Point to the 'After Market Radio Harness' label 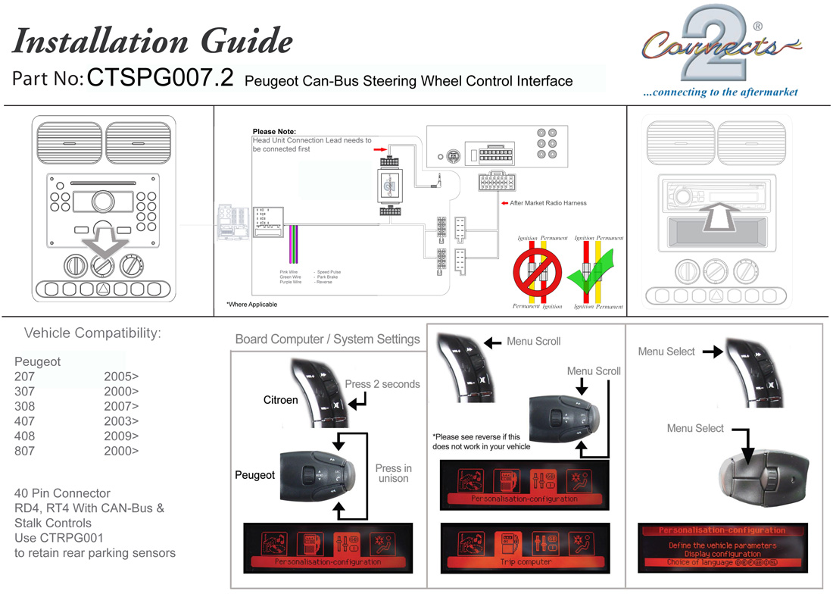click(x=548, y=203)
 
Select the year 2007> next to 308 click(x=121, y=405)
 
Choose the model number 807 click(x=24, y=451)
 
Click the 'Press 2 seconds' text click(x=382, y=384)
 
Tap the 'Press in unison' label click(x=393, y=473)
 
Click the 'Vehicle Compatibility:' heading click(x=92, y=333)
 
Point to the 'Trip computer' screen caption click(x=526, y=562)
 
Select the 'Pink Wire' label click(x=289, y=271)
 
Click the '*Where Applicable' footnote click(x=251, y=305)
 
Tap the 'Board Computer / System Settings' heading click(x=327, y=339)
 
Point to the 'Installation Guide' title click(x=152, y=41)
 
